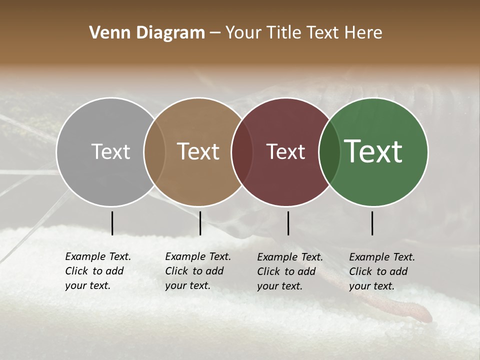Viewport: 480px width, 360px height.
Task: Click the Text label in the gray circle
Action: tap(110, 151)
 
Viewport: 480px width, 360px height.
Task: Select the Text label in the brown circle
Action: tap(198, 151)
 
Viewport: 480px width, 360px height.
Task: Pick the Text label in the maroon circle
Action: tap(285, 151)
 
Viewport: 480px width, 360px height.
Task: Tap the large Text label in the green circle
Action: tap(373, 151)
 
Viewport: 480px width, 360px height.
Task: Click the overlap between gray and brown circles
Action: tap(154, 151)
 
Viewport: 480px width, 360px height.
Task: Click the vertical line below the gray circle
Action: tap(112, 223)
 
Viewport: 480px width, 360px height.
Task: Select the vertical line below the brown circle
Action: tap(200, 223)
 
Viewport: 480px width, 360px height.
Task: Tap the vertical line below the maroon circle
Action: tap(288, 223)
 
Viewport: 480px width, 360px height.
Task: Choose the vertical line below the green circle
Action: tap(372, 223)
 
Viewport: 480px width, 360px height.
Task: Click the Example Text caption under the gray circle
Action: tap(97, 271)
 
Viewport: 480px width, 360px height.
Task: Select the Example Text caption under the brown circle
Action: tap(197, 271)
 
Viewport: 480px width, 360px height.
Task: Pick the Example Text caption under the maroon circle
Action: tap(289, 271)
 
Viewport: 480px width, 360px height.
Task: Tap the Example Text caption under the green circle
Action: tap(381, 271)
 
